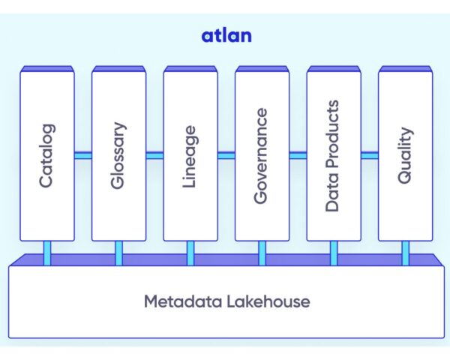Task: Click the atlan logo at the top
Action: pyautogui.click(x=225, y=35)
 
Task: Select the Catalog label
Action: pyautogui.click(x=46, y=156)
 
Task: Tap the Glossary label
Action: pyautogui.click(x=118, y=156)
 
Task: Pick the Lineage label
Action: pyautogui.click(x=190, y=156)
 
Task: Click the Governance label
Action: pyautogui.click(x=261, y=156)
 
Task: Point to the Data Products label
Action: pyautogui.click(x=333, y=156)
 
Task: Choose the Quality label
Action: pyautogui.click(x=405, y=156)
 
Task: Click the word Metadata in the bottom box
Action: pyautogui.click(x=180, y=302)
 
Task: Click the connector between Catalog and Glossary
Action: pyautogui.click(x=82, y=155)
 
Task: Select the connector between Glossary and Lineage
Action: pyautogui.click(x=154, y=155)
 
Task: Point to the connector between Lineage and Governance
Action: pyautogui.click(x=226, y=155)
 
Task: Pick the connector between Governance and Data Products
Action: pyautogui.click(x=297, y=155)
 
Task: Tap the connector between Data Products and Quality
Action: pyautogui.click(x=369, y=155)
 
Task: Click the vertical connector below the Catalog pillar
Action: pyautogui.click(x=46, y=253)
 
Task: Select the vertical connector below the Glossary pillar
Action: pyautogui.click(x=118, y=253)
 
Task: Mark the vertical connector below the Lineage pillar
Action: pyautogui.click(x=190, y=253)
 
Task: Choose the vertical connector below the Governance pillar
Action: pyautogui.click(x=262, y=253)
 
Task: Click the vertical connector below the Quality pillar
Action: pyautogui.click(x=406, y=253)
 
